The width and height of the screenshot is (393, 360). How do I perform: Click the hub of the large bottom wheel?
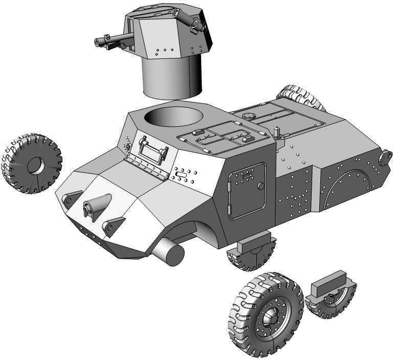(269, 319)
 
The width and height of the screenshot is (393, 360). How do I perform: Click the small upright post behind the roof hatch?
(277, 131)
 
